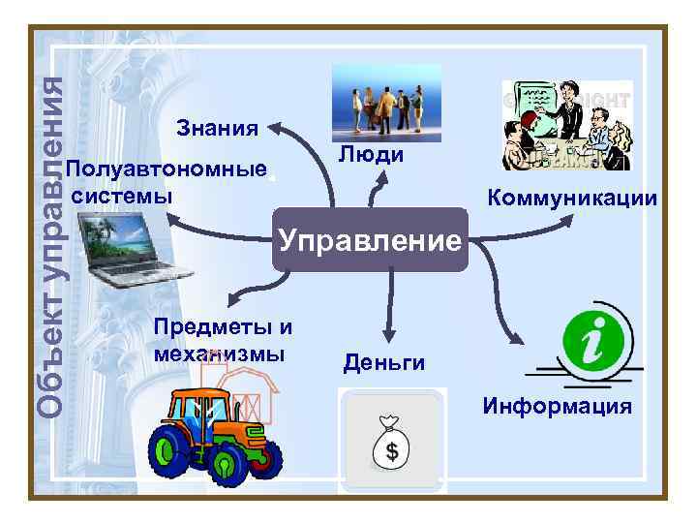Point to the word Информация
[x=558, y=406]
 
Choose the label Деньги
[x=384, y=363]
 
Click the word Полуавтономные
[x=167, y=169]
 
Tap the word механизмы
[x=219, y=353]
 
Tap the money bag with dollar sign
[x=392, y=441]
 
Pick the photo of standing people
[x=386, y=102]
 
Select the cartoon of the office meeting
[x=566, y=126]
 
